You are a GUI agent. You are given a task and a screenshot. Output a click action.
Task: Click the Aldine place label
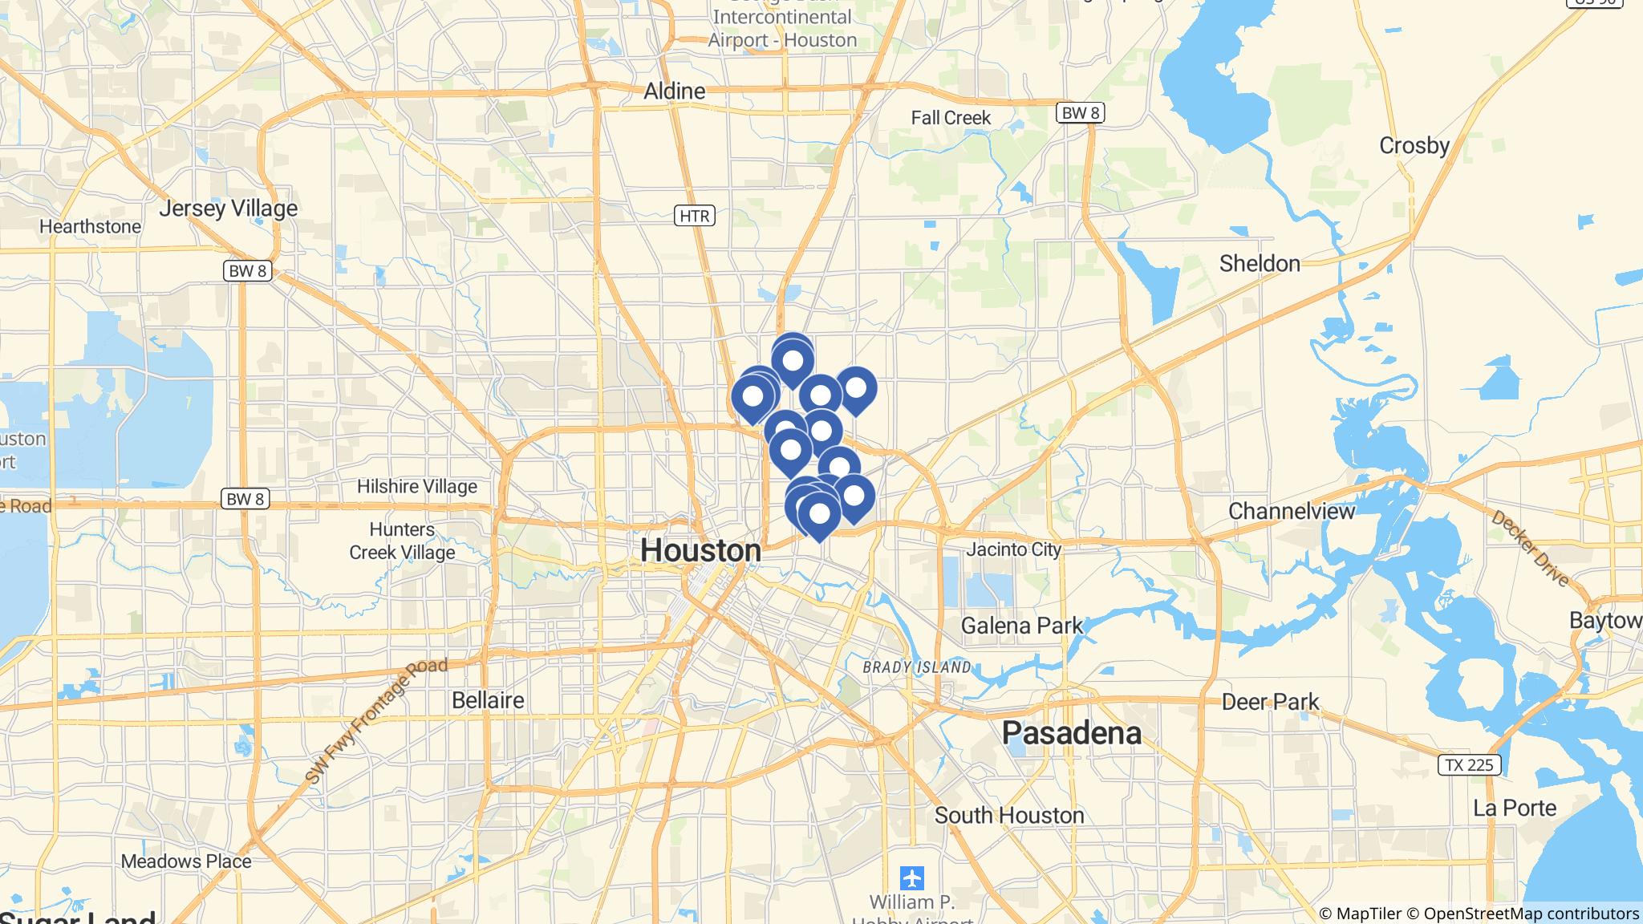click(674, 91)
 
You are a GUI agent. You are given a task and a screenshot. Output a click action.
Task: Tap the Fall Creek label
click(951, 118)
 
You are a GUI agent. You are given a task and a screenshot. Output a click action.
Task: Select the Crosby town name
click(1414, 145)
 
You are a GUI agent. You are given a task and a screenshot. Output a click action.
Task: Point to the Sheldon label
click(1260, 263)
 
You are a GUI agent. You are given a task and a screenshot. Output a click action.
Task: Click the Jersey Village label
click(229, 209)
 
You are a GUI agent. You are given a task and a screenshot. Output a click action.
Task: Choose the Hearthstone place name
click(90, 227)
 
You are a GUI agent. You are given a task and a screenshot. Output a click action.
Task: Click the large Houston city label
click(700, 550)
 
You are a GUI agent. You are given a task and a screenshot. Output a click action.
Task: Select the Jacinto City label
click(1013, 549)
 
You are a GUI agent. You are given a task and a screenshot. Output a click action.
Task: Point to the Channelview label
click(1291, 511)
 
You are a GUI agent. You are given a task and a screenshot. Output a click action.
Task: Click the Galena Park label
click(1021, 626)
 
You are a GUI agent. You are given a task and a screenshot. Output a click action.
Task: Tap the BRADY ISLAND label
click(916, 667)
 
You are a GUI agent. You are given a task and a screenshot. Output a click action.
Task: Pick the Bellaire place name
click(488, 700)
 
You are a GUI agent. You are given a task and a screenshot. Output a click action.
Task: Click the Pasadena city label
click(1071, 732)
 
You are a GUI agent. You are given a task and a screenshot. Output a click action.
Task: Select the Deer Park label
click(1270, 703)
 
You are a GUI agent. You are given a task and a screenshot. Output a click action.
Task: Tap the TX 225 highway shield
click(1468, 764)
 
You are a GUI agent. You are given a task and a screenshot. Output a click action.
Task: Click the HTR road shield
click(694, 216)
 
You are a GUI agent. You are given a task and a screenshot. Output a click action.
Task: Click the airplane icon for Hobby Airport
click(911, 877)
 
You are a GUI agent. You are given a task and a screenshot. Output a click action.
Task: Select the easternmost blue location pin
click(856, 389)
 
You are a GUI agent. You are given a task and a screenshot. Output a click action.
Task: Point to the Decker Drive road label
click(1528, 549)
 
